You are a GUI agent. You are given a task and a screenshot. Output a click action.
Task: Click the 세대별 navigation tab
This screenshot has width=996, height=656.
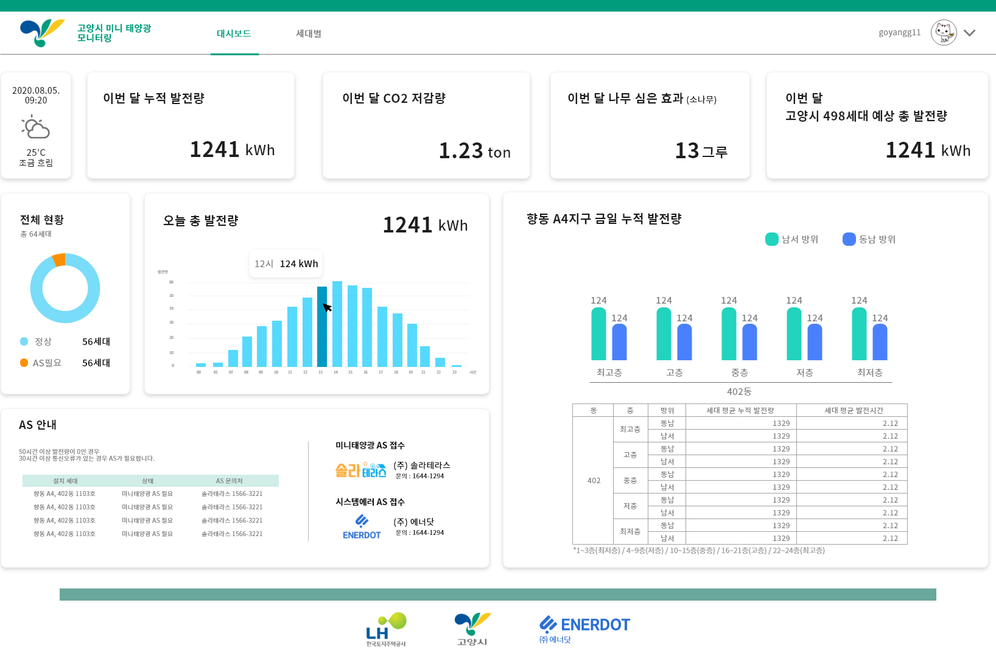coord(309,33)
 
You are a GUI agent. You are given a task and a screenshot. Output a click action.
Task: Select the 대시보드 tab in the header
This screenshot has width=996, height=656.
coord(234,33)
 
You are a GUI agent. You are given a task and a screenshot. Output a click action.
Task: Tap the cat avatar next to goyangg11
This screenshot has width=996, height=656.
coord(944,32)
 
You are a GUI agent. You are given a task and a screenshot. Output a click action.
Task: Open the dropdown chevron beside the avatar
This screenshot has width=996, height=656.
coord(970,33)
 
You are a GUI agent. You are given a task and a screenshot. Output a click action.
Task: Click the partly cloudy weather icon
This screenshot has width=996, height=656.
coord(36,128)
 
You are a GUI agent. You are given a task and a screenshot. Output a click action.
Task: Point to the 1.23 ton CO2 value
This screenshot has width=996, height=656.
coord(474,151)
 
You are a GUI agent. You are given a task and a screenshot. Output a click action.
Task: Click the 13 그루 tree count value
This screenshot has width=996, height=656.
coord(701,151)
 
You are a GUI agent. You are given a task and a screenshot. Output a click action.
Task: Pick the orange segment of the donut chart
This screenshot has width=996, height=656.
coord(59,260)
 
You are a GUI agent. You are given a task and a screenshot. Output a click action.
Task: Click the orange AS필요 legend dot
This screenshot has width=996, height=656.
coord(24,363)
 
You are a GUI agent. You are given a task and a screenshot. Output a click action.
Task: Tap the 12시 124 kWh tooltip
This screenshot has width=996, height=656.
coord(286,263)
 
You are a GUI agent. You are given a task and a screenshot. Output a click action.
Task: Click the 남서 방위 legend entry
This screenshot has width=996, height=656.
coord(792,239)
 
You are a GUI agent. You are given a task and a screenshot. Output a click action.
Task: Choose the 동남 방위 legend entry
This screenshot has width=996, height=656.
coord(869,239)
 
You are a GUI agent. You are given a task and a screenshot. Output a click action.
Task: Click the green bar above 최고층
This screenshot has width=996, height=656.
coord(598,334)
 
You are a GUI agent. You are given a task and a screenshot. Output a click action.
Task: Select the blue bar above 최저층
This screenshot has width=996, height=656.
coord(880,342)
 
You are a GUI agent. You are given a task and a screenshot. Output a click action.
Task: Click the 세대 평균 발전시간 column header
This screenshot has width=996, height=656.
coord(853,410)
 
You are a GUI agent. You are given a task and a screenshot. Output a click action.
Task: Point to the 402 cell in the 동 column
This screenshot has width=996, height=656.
coord(594,481)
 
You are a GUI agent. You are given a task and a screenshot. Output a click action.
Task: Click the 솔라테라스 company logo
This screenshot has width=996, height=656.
coord(361,470)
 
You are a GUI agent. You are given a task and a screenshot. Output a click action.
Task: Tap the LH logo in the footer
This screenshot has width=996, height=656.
coord(386,629)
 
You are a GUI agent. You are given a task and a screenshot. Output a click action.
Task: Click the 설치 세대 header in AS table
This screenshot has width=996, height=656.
coord(65,481)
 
